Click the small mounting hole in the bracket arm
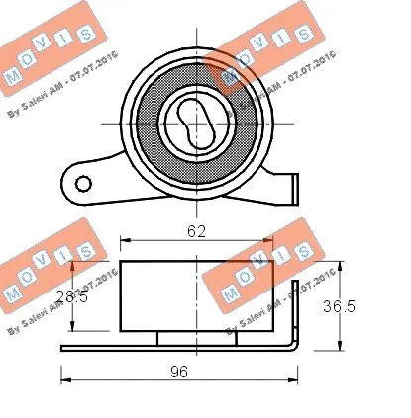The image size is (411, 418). pos(84,182)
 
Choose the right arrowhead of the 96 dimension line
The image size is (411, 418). pos(293,377)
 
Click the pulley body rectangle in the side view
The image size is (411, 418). pos(198,295)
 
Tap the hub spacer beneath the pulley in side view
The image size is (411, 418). pos(197,337)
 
